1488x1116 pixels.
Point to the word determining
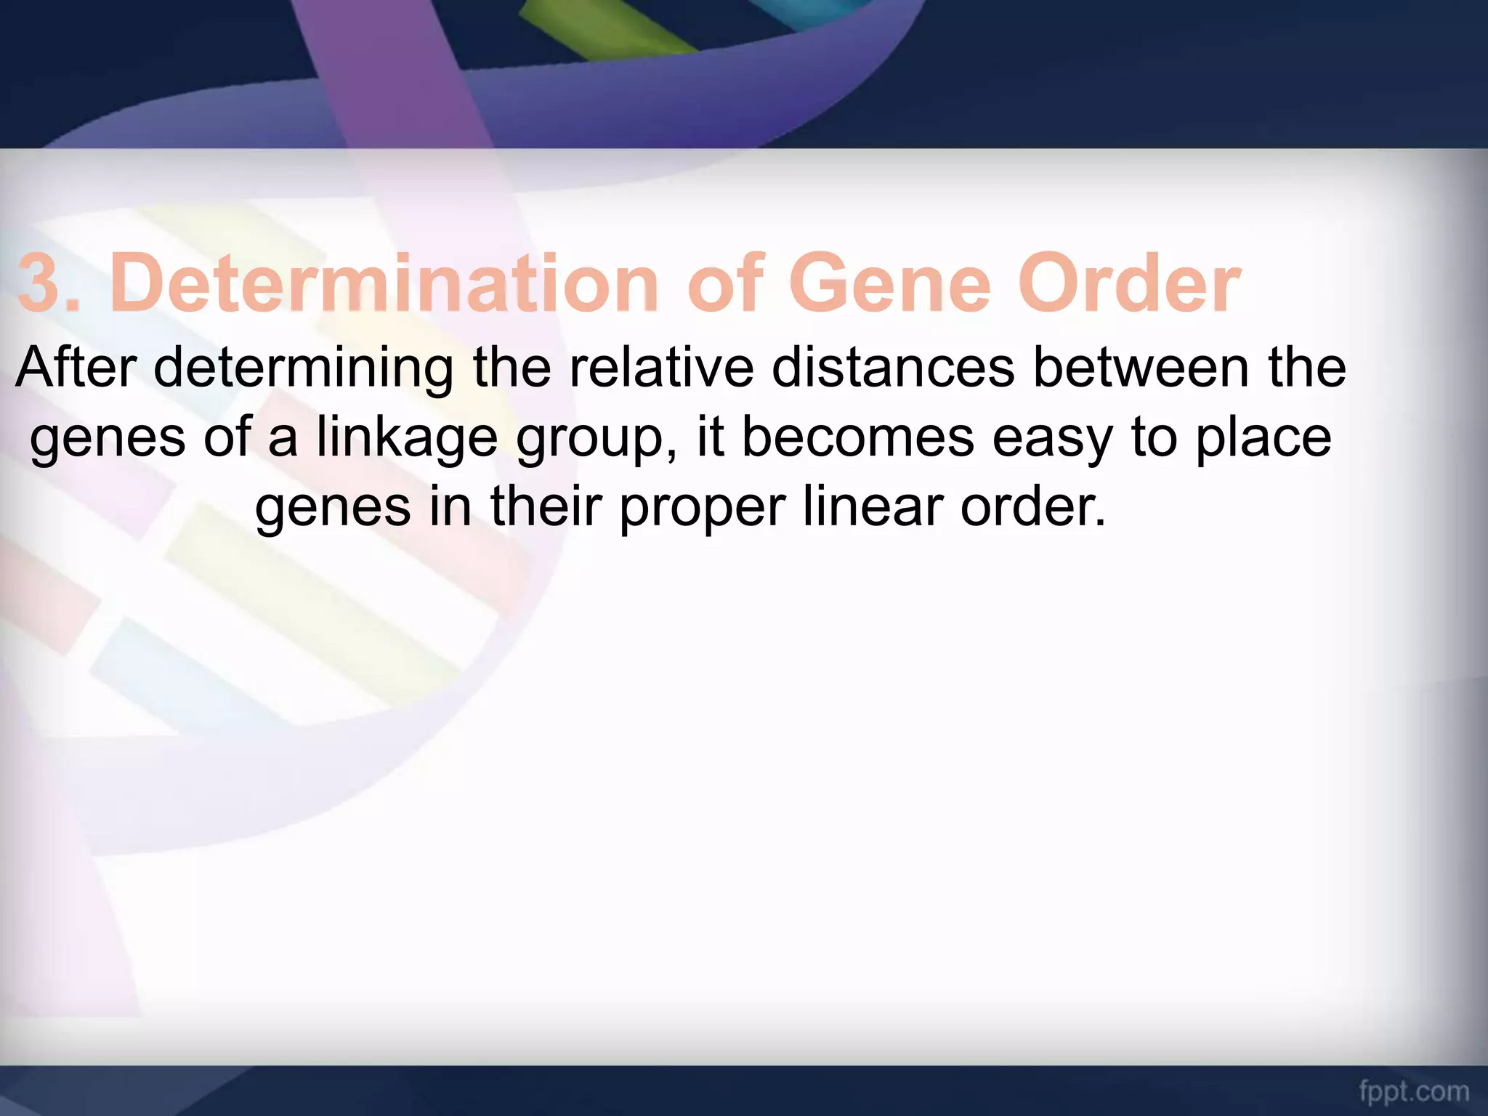pos(304,369)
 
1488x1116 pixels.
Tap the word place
pos(1263,439)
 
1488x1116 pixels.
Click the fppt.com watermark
pos(1414,1091)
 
